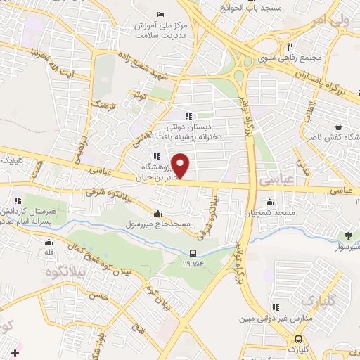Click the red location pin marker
[x=181, y=165]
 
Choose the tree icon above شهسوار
[x=347, y=235]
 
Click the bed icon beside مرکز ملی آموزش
[x=161, y=14]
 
